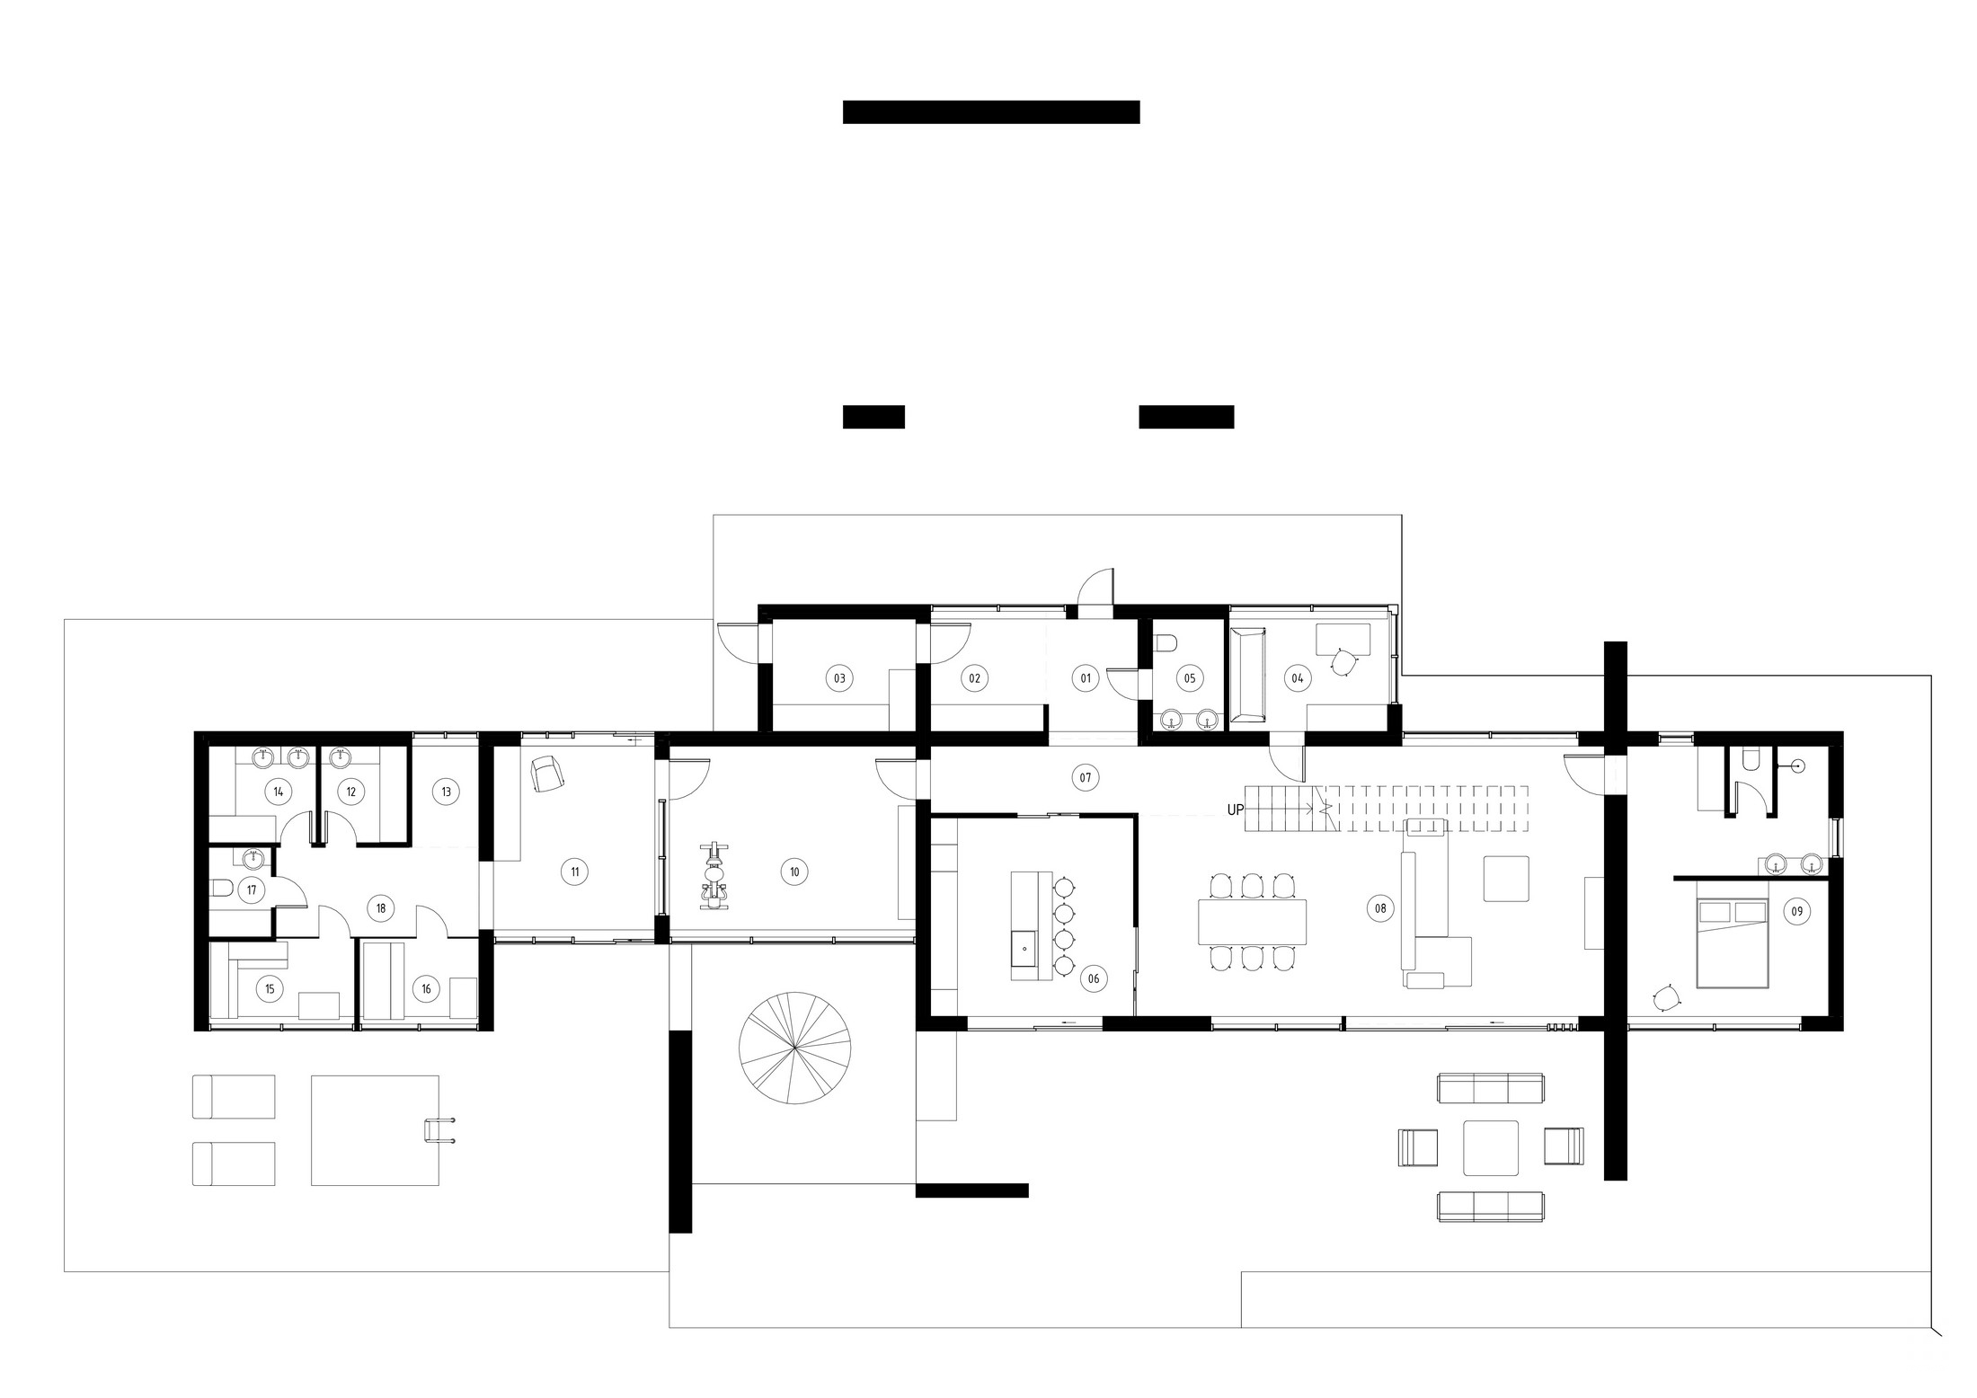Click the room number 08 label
1379,908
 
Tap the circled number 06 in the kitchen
1093,979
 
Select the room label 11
574,871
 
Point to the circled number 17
252,891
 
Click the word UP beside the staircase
1236,810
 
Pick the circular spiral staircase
794,1048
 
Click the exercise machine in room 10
715,876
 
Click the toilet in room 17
221,890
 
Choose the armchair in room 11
545,773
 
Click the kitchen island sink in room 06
1023,946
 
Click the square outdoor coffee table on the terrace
1491,1147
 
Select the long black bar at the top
990,111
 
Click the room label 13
446,792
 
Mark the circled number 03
839,678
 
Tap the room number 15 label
269,989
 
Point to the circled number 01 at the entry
1086,678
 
